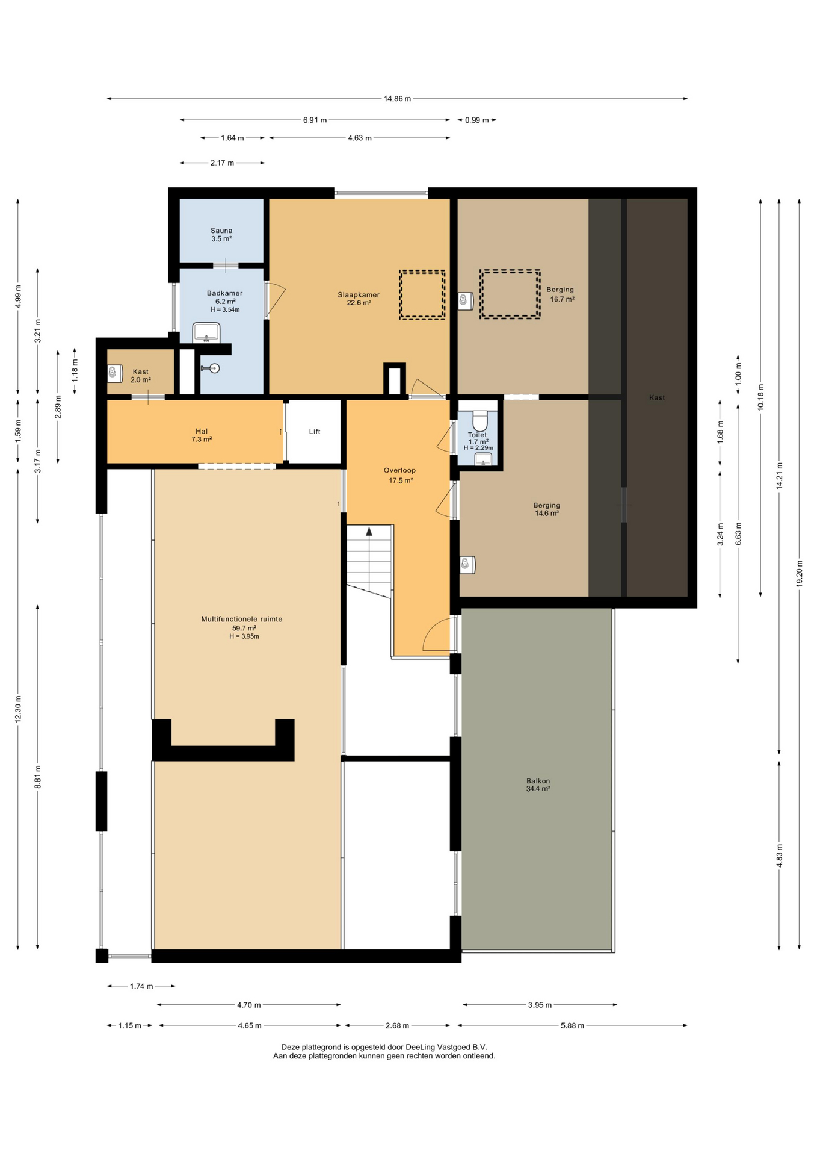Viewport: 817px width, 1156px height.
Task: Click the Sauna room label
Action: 221,231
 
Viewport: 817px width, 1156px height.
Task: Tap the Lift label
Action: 315,432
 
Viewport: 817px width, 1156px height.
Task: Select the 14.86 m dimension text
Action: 397,99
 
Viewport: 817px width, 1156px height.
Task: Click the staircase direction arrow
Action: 369,531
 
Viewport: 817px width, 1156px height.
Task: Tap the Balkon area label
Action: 538,785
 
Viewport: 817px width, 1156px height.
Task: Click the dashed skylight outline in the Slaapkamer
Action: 422,294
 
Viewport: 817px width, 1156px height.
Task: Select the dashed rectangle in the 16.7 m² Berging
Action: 510,294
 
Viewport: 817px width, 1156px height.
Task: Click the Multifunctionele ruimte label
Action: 242,619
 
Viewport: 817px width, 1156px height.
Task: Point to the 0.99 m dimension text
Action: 477,120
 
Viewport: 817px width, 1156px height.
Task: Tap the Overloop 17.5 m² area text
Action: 400,476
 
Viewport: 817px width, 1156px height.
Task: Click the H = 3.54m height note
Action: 225,310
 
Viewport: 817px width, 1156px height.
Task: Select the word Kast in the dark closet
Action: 657,398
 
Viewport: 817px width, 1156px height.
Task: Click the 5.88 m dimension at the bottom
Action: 572,1026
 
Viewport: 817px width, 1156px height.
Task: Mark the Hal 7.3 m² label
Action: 202,435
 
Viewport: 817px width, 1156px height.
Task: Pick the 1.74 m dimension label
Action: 141,986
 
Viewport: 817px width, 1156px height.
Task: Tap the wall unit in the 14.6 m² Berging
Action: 467,564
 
